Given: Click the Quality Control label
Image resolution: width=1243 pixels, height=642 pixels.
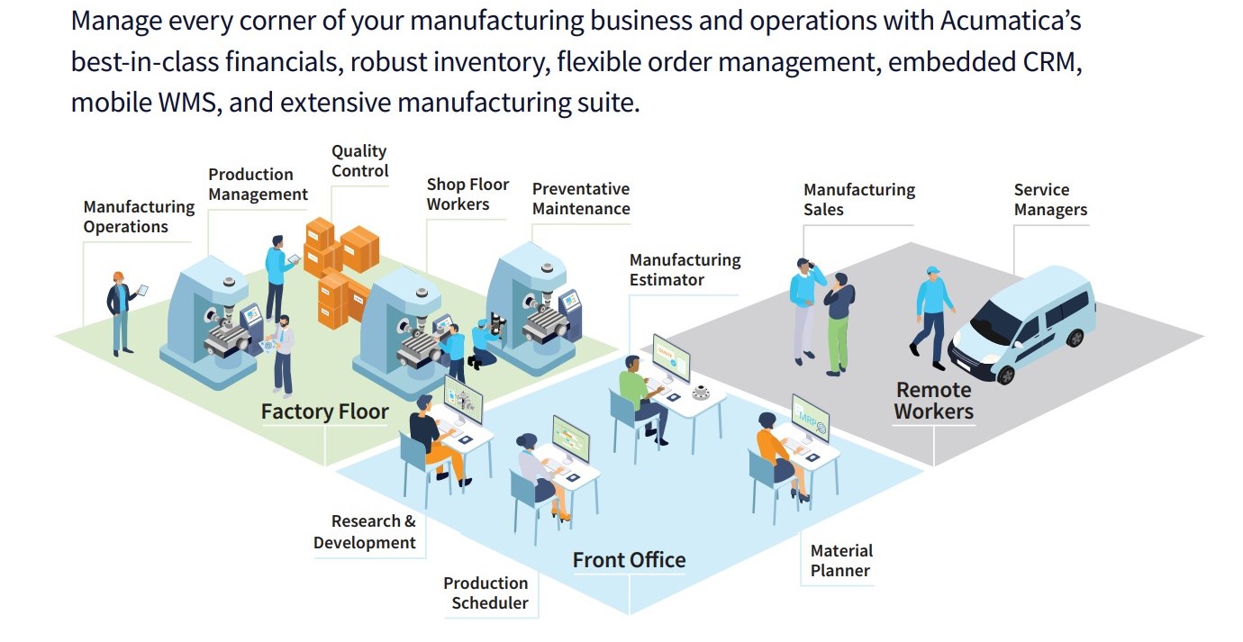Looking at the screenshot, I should point(359,161).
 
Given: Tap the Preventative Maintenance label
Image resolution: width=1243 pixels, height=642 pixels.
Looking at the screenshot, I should point(581,199).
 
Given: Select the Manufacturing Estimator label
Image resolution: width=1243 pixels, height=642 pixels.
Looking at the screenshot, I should point(685,270).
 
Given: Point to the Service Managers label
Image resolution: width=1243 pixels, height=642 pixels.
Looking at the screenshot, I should point(1050,200).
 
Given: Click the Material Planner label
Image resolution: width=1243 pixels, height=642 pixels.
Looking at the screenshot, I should point(840,560).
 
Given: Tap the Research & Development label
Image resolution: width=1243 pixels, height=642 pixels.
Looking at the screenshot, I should point(365,532).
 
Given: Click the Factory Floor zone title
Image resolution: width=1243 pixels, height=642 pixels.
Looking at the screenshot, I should point(324,412).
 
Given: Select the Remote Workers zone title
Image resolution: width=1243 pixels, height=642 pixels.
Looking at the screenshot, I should point(934,402).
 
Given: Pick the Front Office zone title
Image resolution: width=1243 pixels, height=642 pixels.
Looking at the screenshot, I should point(629,560).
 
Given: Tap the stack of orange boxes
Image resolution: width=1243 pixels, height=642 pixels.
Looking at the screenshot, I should point(338,266).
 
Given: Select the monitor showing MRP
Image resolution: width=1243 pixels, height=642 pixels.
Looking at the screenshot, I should point(810,416).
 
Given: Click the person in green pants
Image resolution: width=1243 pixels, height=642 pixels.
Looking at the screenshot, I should point(839,324).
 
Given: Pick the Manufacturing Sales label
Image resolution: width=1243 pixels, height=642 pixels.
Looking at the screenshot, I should point(858,200).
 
